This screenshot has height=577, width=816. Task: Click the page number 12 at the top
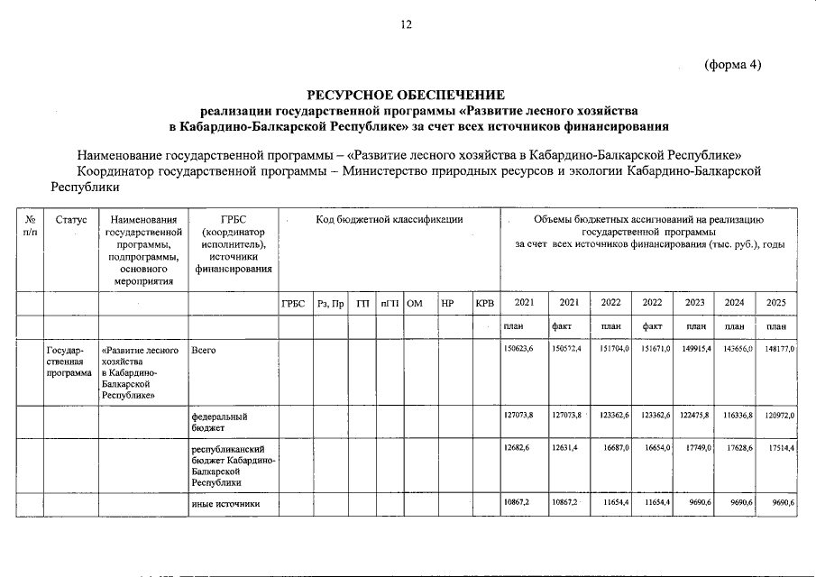[407, 24]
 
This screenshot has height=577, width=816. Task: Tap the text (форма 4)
[732, 64]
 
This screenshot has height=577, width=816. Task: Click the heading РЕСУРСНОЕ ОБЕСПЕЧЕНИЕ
[407, 95]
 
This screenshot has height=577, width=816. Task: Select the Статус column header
[70, 219]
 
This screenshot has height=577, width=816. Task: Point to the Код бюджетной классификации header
[389, 219]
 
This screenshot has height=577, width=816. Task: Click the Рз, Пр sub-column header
[331, 303]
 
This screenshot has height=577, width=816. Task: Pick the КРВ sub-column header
[484, 303]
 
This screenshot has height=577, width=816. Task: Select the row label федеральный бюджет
[219, 422]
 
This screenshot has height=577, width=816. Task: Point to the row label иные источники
[225, 503]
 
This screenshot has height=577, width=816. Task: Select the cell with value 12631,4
[567, 448]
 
